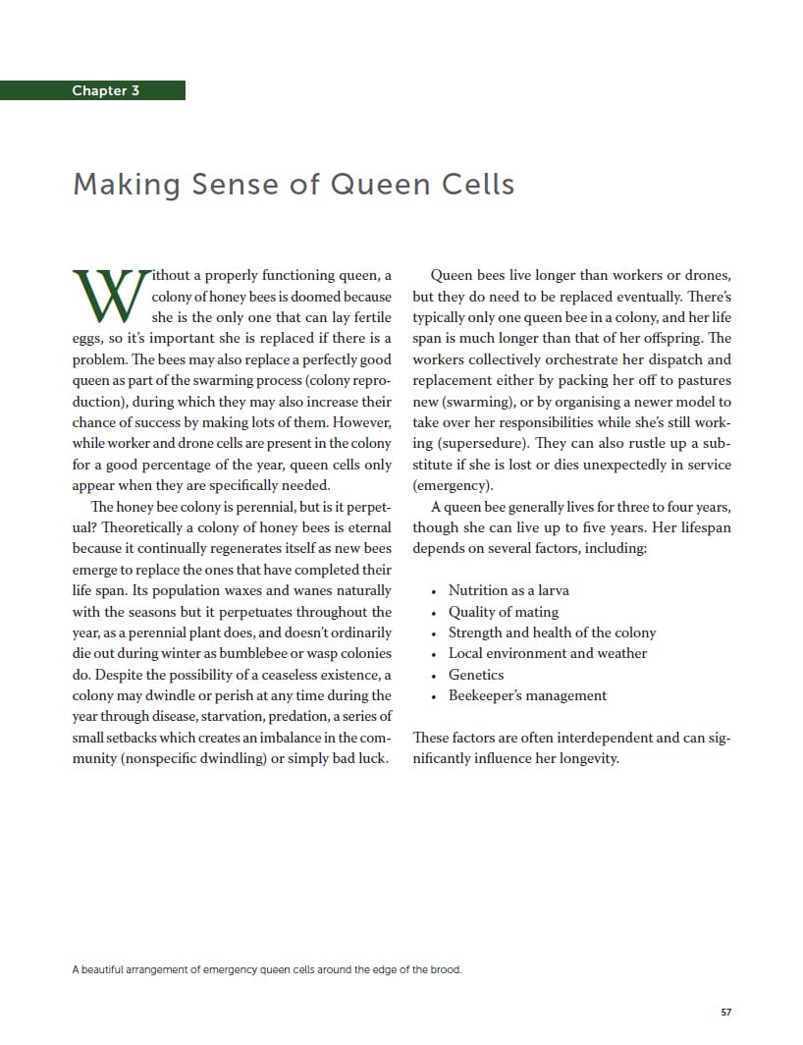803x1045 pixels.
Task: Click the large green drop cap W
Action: (x=109, y=294)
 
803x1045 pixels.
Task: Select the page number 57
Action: (x=726, y=1012)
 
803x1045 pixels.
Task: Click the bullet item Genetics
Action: (x=476, y=675)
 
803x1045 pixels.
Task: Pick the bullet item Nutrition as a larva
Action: (x=509, y=590)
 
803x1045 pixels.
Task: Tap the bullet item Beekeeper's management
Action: (x=527, y=695)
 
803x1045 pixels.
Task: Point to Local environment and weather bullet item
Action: (x=548, y=653)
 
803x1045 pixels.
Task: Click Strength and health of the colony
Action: (x=552, y=632)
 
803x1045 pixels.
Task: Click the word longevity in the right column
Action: (x=585, y=759)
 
